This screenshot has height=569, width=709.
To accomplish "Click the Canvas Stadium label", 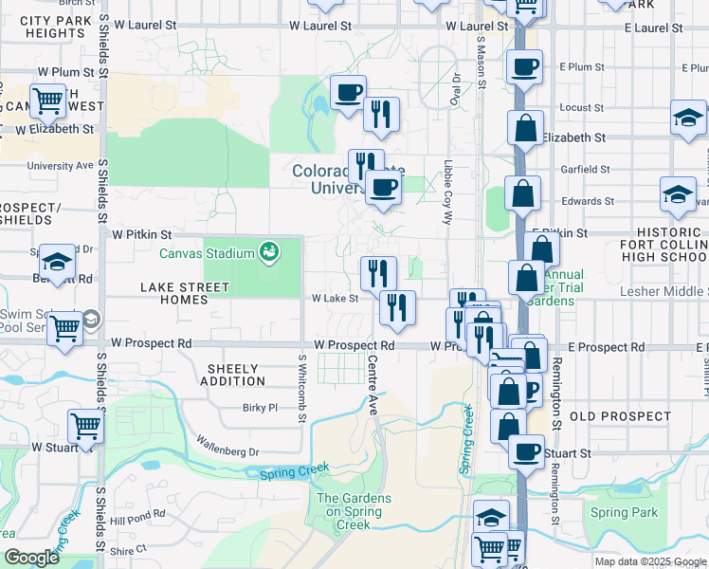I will pyautogui.click(x=207, y=253).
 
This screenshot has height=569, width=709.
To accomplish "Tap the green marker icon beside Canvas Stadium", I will pyautogui.click(x=269, y=251).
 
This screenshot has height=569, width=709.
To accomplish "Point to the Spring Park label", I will pyautogui.click(x=623, y=513).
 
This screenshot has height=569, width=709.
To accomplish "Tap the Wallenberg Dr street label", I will pyautogui.click(x=227, y=446).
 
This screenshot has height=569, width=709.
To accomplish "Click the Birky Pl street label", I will pyautogui.click(x=259, y=408).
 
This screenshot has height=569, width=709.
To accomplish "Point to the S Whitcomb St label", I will pyautogui.click(x=302, y=390).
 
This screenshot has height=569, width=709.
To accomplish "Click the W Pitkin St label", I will pyautogui.click(x=142, y=233).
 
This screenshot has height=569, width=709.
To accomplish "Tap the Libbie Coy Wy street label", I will pyautogui.click(x=447, y=191).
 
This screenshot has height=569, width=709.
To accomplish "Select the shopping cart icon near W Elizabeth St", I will pyautogui.click(x=46, y=99).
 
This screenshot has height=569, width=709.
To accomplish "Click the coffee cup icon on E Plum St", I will pyautogui.click(x=524, y=66).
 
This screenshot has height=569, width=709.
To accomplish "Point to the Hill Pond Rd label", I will pyautogui.click(x=137, y=518).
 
